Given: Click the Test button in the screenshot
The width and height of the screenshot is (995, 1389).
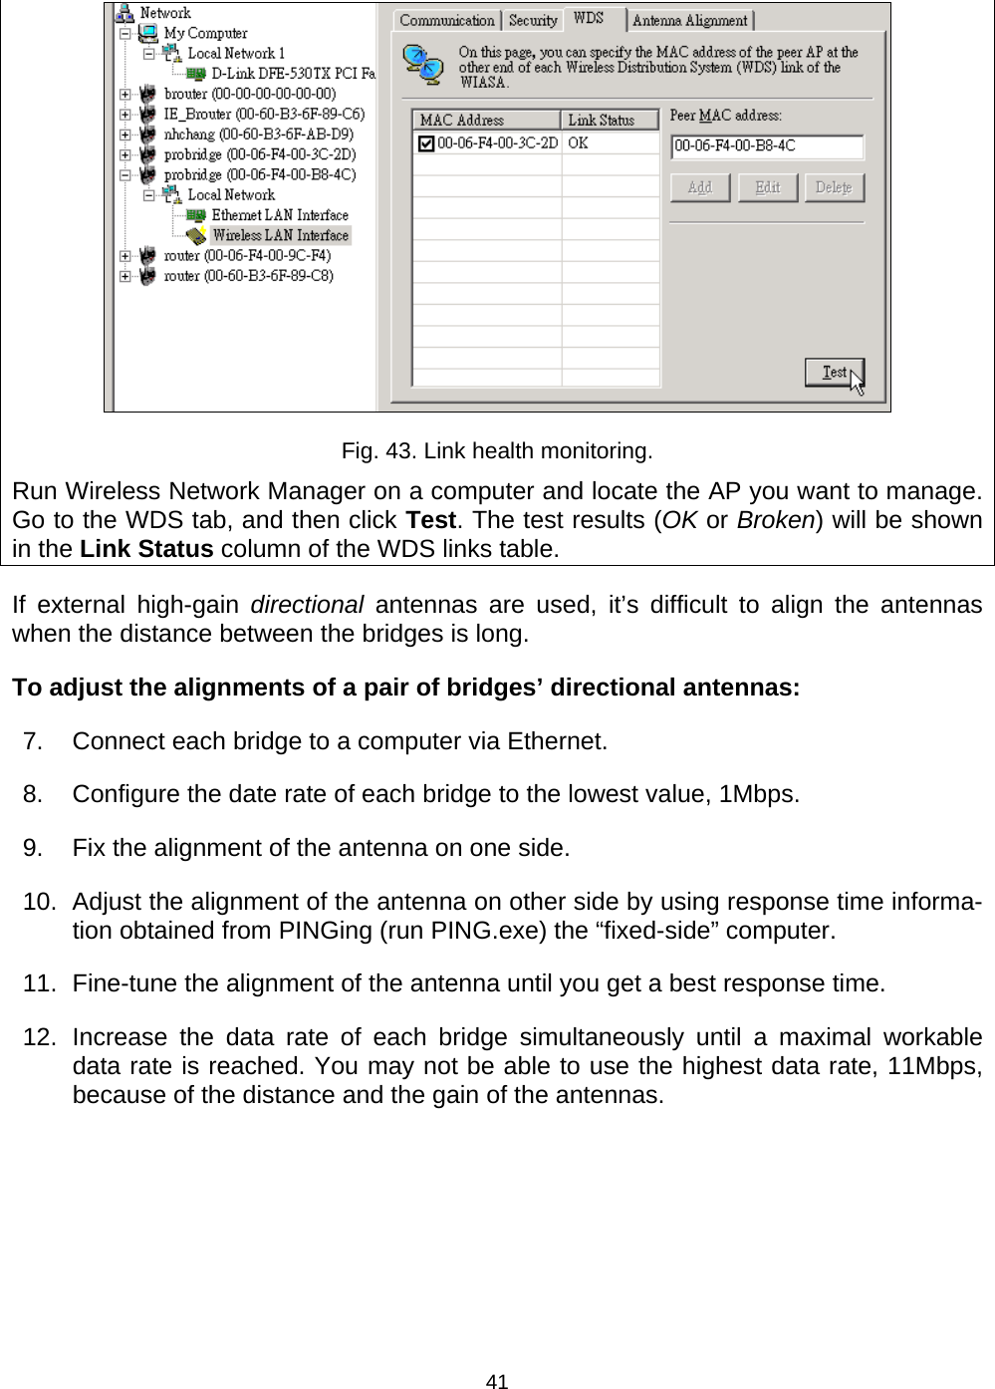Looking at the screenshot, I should coord(834,373).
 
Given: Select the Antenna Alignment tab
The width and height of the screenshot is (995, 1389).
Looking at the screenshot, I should coord(689,20).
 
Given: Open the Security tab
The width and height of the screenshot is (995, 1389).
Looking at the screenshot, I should coord(532,20).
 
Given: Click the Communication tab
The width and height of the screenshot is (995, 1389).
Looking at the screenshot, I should coord(446,20).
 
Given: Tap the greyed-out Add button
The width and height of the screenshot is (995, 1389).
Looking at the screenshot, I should coord(699,187).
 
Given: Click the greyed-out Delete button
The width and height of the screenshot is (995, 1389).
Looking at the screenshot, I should coord(834,187).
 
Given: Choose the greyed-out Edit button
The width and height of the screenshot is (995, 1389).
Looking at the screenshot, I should coord(767,187).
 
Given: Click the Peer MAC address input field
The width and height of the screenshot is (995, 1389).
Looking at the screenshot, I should coord(766,146).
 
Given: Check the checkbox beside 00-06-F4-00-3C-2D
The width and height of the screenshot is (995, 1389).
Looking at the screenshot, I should coord(425,144).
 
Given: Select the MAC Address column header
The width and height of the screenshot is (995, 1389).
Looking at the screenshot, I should coord(486,121).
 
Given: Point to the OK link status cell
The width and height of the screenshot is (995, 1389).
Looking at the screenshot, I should coord(579,143).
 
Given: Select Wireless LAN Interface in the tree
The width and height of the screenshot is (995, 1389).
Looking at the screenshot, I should coord(280,236).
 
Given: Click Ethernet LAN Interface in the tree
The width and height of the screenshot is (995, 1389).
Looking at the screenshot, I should coord(280,215).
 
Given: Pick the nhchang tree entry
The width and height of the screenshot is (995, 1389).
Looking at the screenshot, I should coord(258,134).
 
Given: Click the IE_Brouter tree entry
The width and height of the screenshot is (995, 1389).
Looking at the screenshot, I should coord(264,114).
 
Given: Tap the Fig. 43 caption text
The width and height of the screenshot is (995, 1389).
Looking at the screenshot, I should coord(497,451).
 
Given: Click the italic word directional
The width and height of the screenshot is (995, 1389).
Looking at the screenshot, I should coord(306,605).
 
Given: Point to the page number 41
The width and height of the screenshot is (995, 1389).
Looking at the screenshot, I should coord(497,1380).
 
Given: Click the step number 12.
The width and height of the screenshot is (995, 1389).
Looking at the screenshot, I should coord(40,1037).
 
